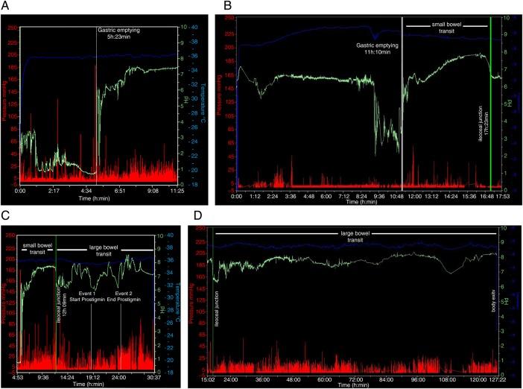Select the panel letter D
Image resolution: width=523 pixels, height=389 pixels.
(x=197, y=216)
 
